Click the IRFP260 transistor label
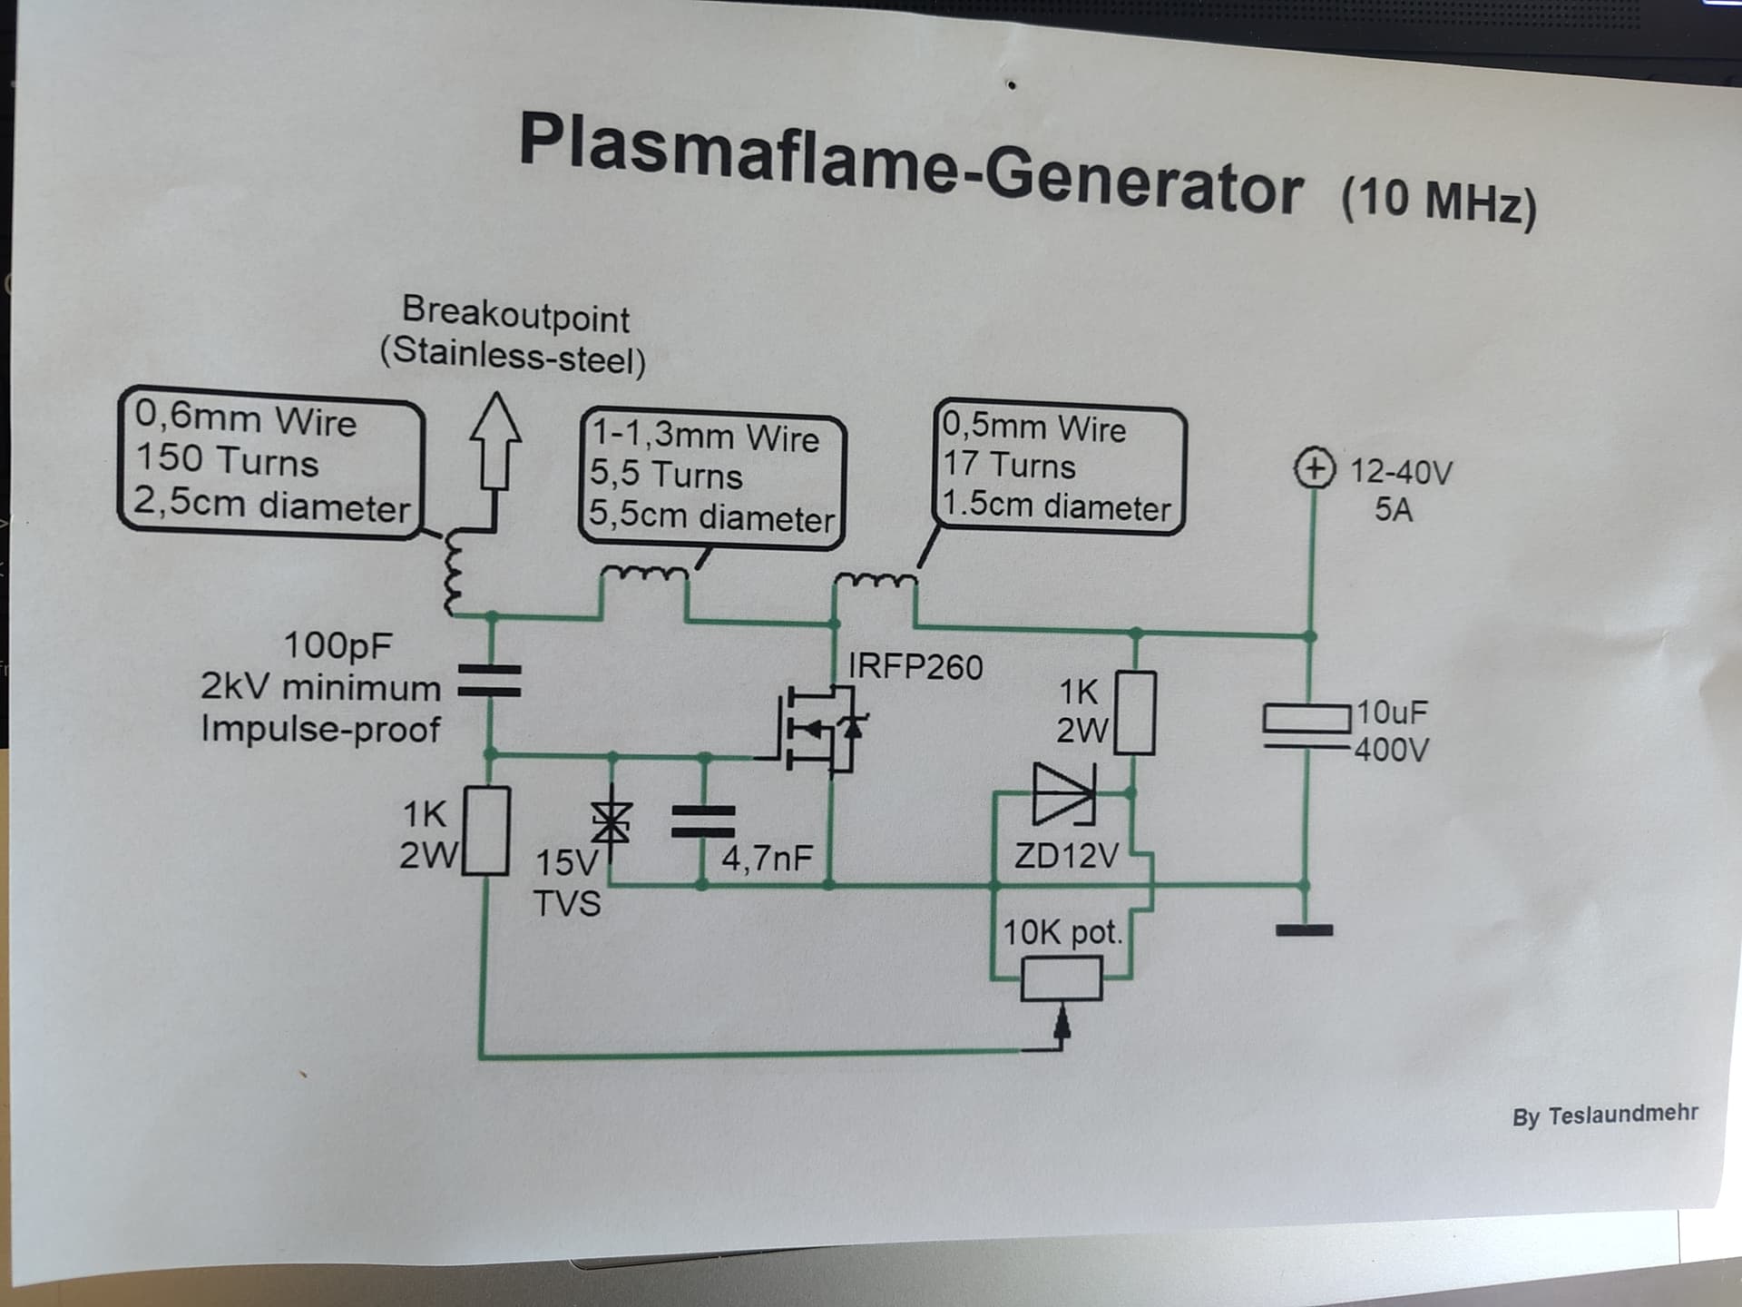point(915,667)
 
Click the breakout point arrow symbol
point(495,442)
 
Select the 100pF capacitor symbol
point(490,682)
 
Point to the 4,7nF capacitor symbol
point(703,821)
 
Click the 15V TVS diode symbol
point(611,823)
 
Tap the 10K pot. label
point(1062,932)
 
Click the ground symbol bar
point(1304,930)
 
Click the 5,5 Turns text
point(665,475)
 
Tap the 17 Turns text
point(1008,465)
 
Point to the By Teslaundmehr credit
point(1604,1115)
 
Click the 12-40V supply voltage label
point(1401,472)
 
